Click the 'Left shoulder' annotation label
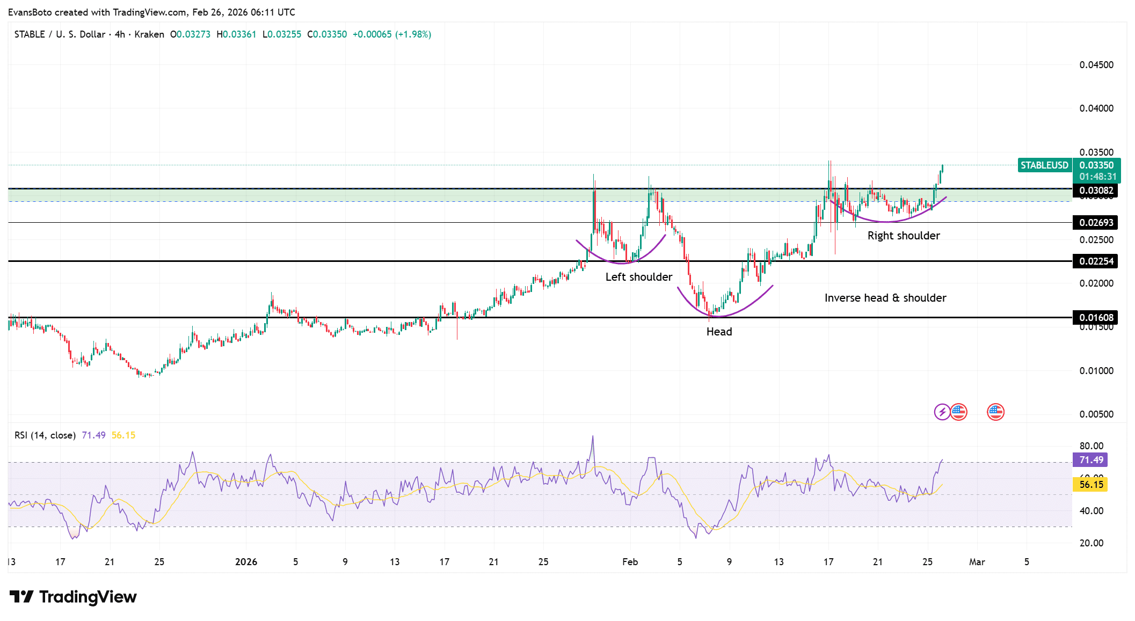point(638,277)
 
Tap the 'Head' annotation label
point(719,332)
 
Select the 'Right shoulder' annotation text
point(904,236)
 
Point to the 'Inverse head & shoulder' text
point(885,298)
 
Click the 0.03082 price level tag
point(1096,191)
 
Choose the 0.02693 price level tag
point(1096,223)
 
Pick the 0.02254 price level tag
point(1096,261)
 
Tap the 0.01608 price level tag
point(1096,318)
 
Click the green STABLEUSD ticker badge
point(1044,165)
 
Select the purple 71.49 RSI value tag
point(1091,460)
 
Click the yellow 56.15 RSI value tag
point(1091,485)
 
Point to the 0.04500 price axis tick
point(1096,65)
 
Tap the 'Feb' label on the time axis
point(630,562)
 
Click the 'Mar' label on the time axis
point(977,562)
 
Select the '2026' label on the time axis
point(246,562)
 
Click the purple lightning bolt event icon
point(942,412)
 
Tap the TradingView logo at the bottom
point(73,597)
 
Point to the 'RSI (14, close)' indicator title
point(45,435)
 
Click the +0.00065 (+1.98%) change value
point(391,34)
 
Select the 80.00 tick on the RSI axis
point(1092,446)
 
